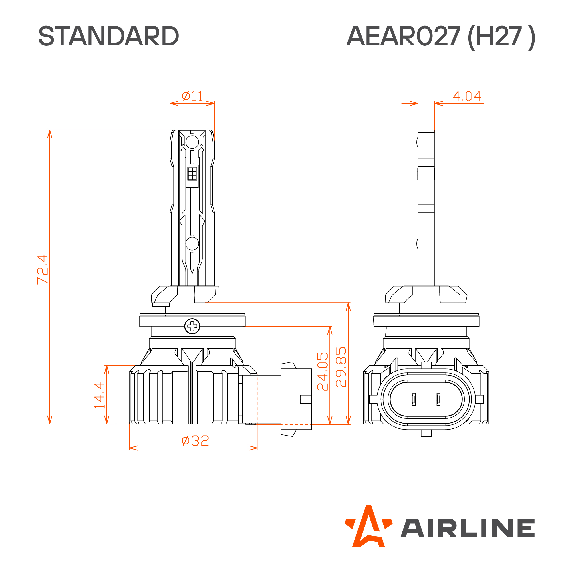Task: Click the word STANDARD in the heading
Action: tap(109, 36)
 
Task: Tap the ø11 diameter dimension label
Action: tap(192, 96)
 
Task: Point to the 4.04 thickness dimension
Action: tap(467, 96)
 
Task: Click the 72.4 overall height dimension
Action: tap(42, 270)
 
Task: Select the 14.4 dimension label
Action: tap(100, 396)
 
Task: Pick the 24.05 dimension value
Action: tap(323, 372)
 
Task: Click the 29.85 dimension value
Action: tap(341, 367)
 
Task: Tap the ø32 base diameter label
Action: tap(195, 441)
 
